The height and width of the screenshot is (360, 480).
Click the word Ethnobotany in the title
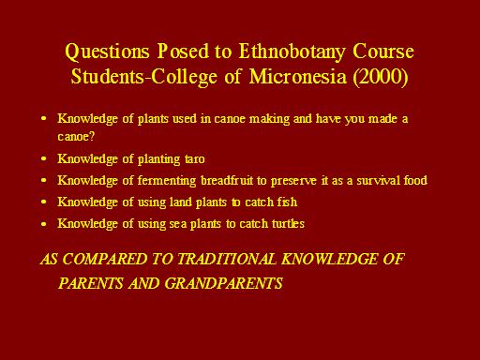tap(292, 52)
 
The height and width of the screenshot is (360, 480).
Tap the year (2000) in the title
tap(381, 77)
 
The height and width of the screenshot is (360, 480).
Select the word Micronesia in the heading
tap(298, 76)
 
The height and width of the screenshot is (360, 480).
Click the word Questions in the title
tap(107, 52)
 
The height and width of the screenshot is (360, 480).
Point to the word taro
tap(195, 159)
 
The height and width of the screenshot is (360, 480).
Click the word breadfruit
tap(227, 181)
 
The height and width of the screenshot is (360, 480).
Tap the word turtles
tap(288, 224)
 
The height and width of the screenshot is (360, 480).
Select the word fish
tap(287, 202)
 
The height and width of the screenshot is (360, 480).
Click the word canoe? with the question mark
tap(76, 137)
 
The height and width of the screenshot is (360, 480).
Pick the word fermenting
tap(167, 181)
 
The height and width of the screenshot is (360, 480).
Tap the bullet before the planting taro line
tap(44, 158)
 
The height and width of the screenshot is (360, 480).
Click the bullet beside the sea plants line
tap(44, 224)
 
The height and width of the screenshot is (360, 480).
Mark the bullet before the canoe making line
tap(44, 119)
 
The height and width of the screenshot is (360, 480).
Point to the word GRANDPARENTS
tap(223, 283)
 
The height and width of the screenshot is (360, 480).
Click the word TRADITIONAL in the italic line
tap(227, 259)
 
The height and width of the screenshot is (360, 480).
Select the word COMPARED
tap(105, 259)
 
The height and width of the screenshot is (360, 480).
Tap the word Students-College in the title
tap(144, 77)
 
